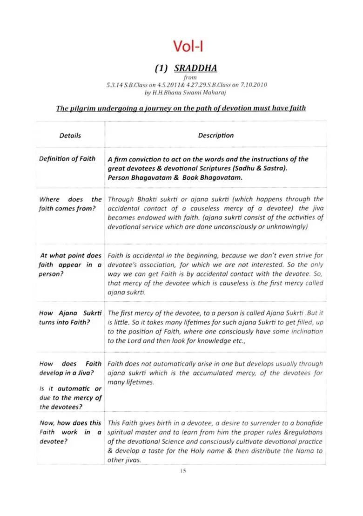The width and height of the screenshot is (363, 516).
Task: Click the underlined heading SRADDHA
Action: tap(195, 68)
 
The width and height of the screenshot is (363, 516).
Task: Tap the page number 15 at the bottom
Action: tap(183, 471)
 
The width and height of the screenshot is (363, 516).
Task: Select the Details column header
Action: tap(70, 136)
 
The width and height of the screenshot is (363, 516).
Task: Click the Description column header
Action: tap(215, 136)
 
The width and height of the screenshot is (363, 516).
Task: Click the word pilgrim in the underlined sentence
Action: tap(83, 109)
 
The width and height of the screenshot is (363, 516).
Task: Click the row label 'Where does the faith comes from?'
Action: tap(70, 204)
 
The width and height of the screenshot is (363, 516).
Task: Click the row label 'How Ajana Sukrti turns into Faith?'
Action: tap(70, 318)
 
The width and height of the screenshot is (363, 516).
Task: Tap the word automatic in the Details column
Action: tap(75, 388)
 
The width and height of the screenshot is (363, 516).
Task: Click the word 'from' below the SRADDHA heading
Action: tap(190, 77)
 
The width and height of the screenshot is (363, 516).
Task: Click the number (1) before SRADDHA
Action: tap(162, 68)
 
